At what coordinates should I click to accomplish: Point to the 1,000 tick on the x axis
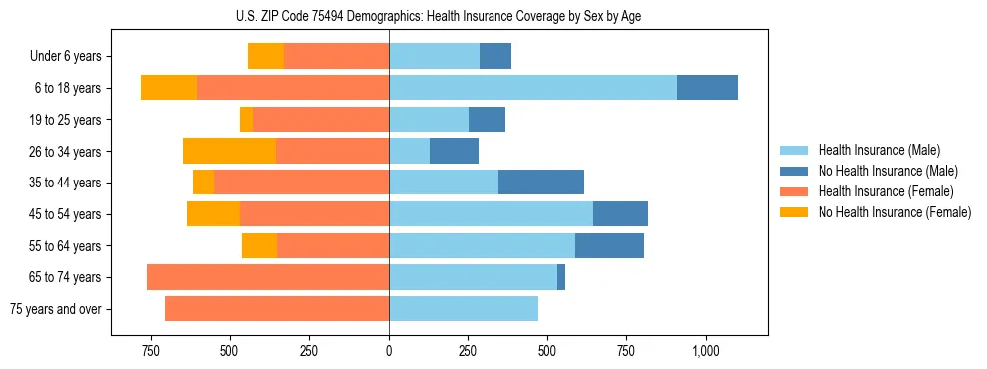(x=705, y=351)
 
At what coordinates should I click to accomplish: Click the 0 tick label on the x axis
(x=389, y=351)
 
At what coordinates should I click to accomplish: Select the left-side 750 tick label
(x=151, y=351)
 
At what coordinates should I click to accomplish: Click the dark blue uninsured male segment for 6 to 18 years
(x=707, y=88)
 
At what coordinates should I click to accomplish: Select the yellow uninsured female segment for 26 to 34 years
(x=229, y=151)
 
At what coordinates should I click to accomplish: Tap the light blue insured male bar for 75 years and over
(x=464, y=308)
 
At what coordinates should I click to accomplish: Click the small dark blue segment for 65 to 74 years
(x=561, y=277)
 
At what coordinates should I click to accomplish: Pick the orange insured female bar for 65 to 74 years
(x=267, y=277)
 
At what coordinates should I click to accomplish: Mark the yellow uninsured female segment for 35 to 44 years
(x=203, y=183)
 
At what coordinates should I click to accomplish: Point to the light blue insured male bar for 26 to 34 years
(x=409, y=151)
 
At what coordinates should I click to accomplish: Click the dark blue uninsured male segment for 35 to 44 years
(x=540, y=183)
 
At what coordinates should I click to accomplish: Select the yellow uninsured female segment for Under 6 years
(x=266, y=56)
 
